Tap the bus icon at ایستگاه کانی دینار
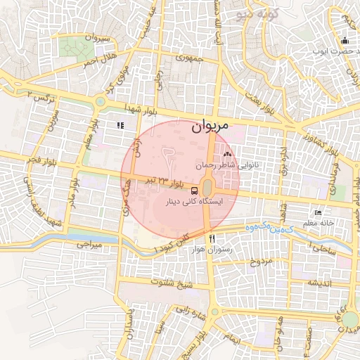tap(194, 189)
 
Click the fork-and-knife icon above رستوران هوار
tap(211, 238)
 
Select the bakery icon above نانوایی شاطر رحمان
tap(226, 154)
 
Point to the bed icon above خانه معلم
tap(318, 212)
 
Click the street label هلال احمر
tap(98, 59)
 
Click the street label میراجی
tap(89, 244)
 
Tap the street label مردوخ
tap(261, 262)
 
